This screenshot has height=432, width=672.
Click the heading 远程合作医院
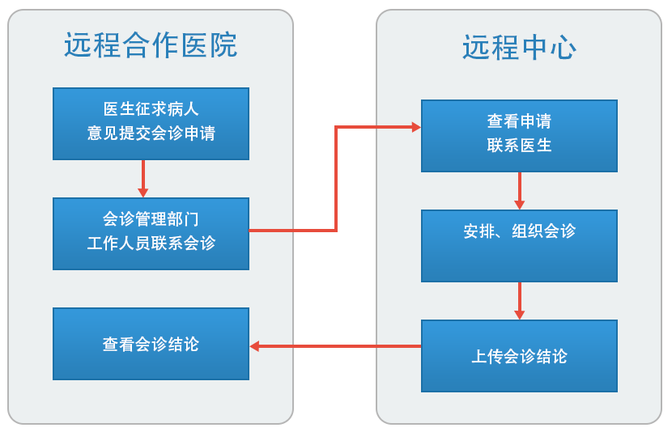[151, 45]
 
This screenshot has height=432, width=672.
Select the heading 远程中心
[519, 48]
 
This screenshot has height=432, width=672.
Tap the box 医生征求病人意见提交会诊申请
[151, 123]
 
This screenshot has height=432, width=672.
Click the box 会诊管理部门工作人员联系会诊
[151, 233]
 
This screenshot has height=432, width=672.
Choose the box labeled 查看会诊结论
[151, 344]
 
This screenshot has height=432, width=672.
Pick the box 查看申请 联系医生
[519, 135]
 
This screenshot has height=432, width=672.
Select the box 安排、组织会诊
[519, 245]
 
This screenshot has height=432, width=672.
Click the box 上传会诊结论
[519, 356]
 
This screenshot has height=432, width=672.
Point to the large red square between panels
[334, 176]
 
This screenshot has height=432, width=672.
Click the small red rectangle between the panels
[334, 346]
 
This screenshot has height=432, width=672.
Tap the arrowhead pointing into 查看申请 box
[416, 127]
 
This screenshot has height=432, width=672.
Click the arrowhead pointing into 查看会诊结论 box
[254, 346]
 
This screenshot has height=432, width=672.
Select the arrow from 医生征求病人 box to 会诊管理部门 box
[143, 178]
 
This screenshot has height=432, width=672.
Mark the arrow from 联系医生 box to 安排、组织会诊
[519, 191]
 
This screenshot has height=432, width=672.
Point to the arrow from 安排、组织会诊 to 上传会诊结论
[519, 300]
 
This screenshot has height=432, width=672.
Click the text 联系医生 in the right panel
[519, 146]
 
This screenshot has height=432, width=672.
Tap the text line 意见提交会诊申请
[151, 133]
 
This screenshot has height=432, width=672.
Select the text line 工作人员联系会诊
[151, 244]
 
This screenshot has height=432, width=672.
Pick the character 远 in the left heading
[79, 45]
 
